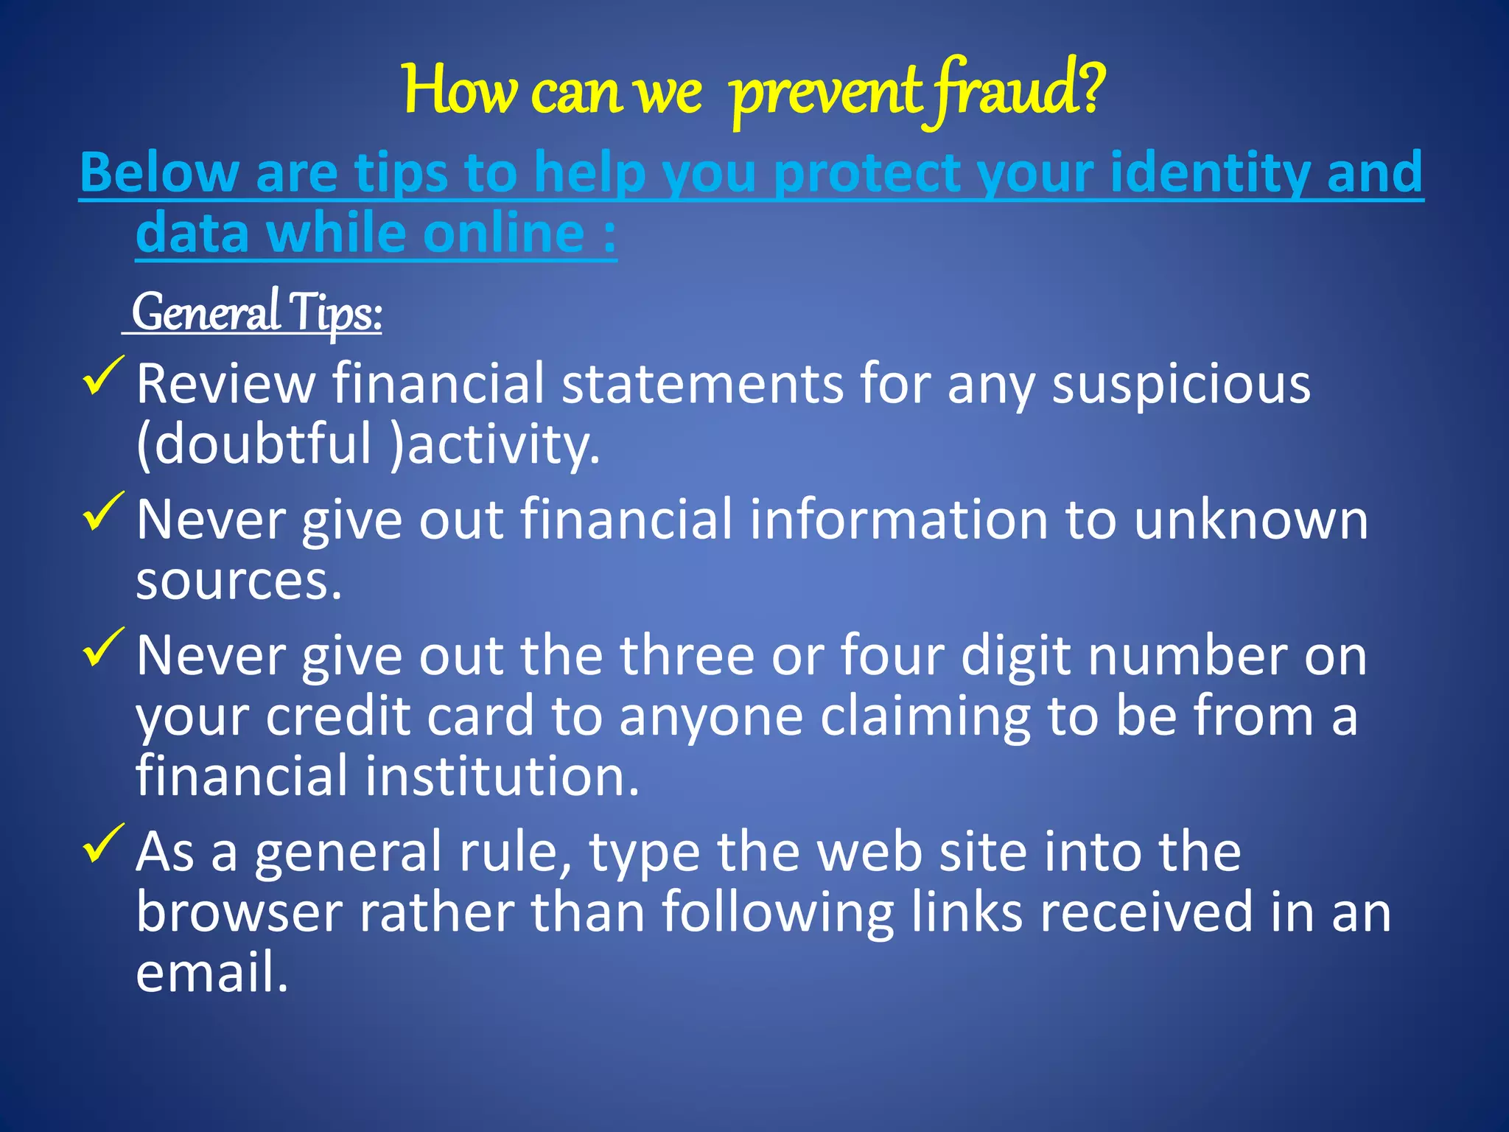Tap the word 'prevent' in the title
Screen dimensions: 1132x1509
pos(825,94)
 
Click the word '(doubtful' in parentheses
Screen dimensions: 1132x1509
pos(254,445)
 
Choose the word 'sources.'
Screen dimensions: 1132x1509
pos(239,582)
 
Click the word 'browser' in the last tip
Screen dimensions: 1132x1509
pos(239,913)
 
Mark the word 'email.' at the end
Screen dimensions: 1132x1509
pos(211,973)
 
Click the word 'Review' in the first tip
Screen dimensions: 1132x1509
pos(225,385)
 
